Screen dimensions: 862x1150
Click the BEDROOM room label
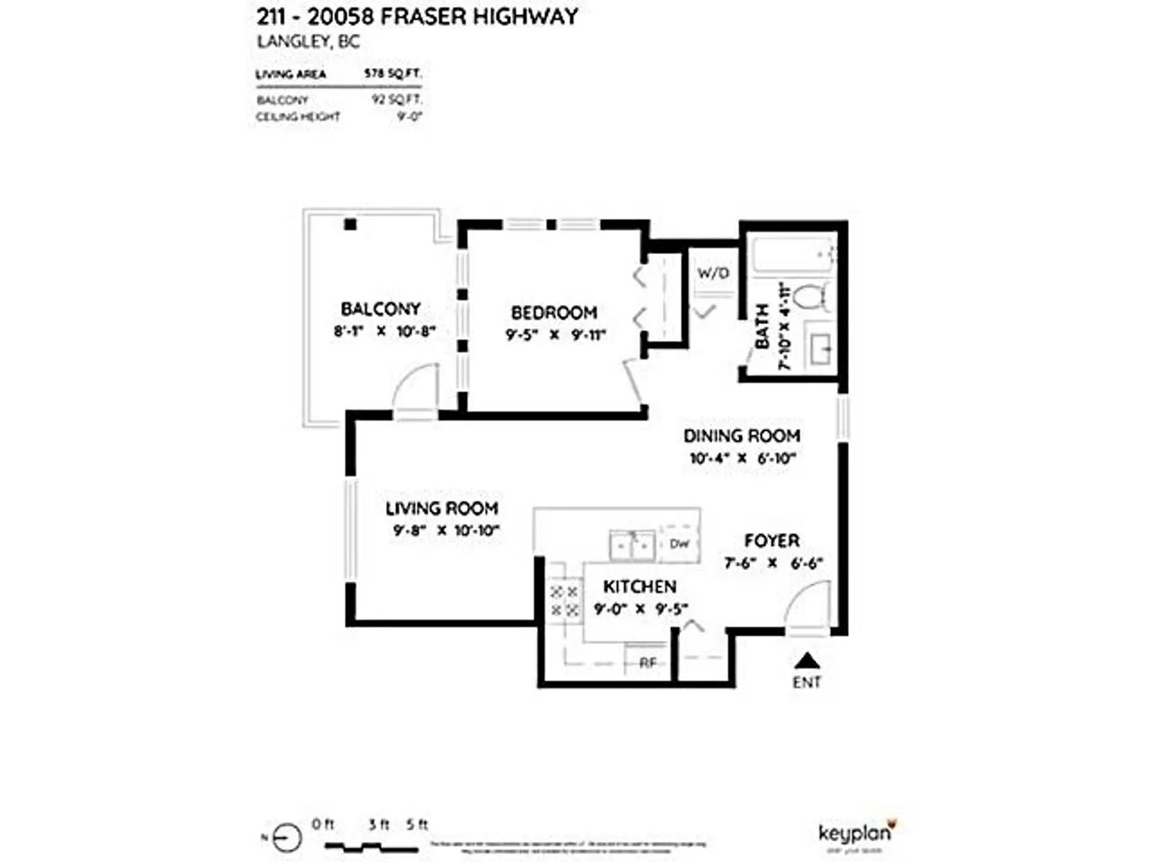553,312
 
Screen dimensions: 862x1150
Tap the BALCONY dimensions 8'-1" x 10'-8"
384,331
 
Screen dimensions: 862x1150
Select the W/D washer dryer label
713,273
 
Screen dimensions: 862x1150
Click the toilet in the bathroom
815,297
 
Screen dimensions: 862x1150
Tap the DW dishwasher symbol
679,544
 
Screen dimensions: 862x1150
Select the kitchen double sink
632,545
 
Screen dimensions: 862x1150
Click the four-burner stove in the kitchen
565,601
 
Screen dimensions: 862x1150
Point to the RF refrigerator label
647,663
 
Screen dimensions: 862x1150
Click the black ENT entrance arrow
807,660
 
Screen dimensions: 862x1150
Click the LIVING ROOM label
441,508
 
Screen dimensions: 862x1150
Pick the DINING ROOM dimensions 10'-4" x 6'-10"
742,459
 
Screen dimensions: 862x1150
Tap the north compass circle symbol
286,837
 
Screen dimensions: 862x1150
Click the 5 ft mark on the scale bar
417,825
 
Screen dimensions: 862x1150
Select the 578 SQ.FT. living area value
392,74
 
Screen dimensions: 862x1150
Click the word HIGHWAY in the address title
525,17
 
